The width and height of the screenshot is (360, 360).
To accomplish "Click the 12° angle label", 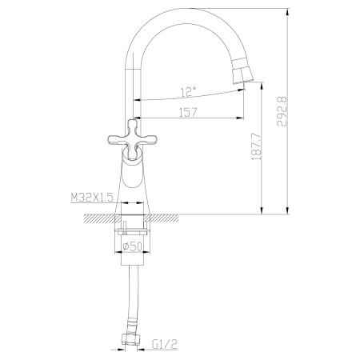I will (189, 91).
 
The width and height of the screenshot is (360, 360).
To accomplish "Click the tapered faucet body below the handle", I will (133, 180).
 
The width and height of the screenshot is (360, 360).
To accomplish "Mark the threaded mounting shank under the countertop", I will (133, 232).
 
